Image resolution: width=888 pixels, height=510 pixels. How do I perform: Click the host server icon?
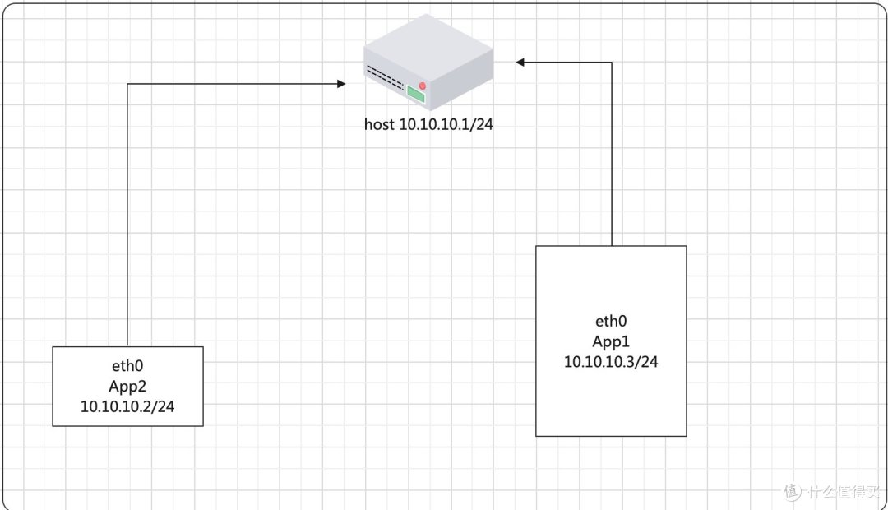point(428,62)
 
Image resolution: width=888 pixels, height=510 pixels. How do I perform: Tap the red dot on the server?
point(423,86)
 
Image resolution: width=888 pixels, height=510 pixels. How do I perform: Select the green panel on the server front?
point(416,95)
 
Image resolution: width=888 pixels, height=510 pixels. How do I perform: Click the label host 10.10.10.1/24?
point(428,125)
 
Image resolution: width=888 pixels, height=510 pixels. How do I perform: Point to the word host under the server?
point(379,125)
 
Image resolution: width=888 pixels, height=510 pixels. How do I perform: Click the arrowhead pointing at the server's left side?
point(340,83)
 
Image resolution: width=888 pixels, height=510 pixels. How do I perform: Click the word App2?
point(127,386)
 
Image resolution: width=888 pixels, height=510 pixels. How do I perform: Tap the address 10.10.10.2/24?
point(127,406)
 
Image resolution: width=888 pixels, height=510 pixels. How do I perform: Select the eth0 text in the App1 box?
point(611,322)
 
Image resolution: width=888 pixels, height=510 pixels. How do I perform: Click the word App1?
point(611,341)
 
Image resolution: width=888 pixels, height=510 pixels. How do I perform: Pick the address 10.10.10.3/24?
point(611,362)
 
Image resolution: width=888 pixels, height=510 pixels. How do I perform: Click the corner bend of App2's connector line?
point(127,83)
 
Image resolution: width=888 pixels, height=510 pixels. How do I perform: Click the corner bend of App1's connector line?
point(612,62)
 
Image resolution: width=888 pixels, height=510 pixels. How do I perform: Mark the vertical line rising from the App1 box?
point(612,156)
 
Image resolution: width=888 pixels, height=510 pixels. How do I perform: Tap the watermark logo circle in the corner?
point(792,492)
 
